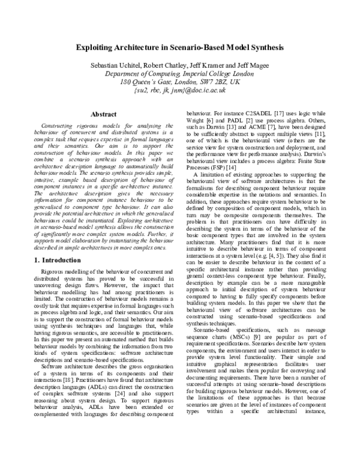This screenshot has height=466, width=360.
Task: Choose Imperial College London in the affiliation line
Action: click(x=214, y=73)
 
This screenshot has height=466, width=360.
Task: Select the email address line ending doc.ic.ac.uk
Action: click(x=180, y=90)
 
